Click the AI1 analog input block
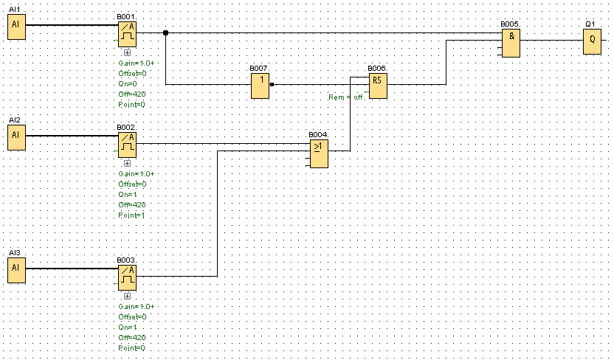tap(16, 28)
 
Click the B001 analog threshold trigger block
tap(128, 32)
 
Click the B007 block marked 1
tap(260, 86)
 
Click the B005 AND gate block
tap(511, 42)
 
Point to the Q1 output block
tap(591, 41)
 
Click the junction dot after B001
tap(165, 32)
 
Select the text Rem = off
tap(346, 97)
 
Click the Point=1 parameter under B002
tap(132, 215)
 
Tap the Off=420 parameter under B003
tap(133, 337)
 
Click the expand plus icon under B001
tap(127, 52)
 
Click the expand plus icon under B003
tap(127, 296)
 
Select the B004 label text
tap(318, 134)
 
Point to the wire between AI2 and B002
tap(71, 136)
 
